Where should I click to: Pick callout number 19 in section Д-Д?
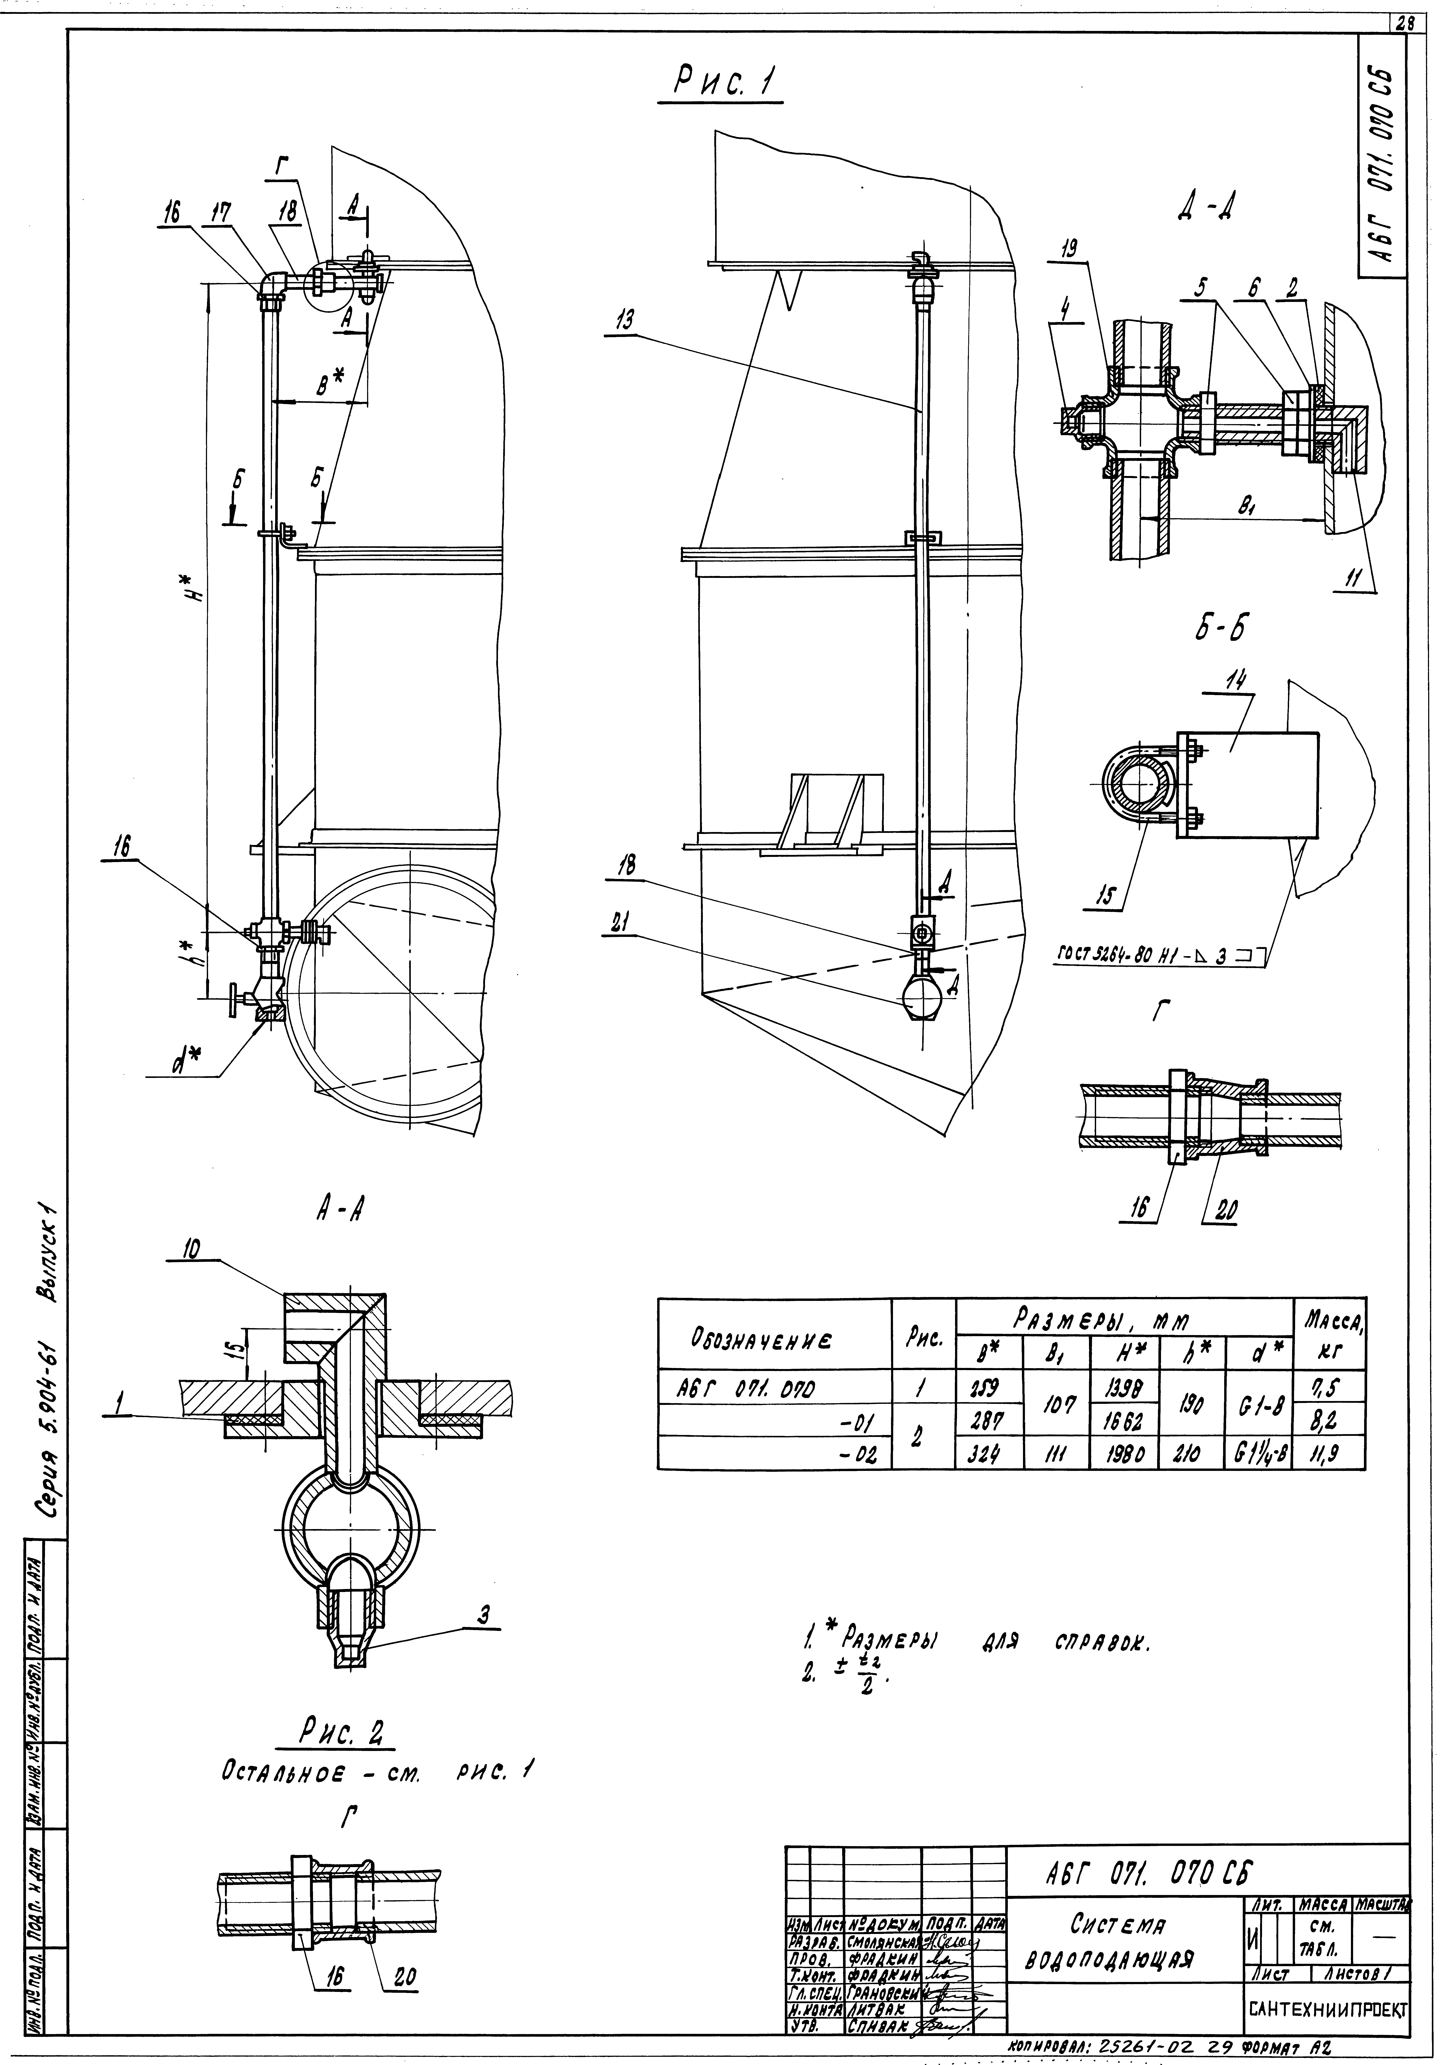(x=1071, y=250)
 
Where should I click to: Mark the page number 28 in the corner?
(x=1404, y=24)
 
